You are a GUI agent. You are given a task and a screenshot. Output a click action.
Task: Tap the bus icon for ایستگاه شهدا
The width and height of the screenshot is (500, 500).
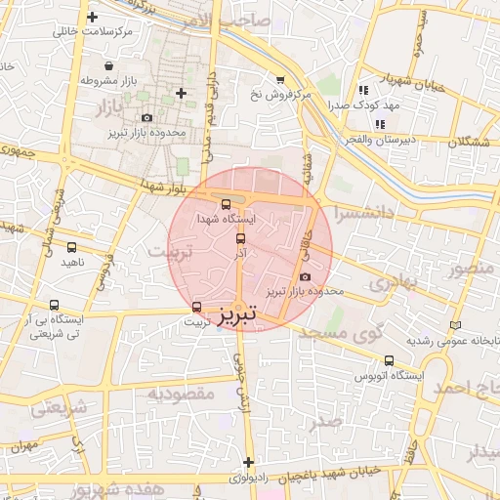[x=227, y=205]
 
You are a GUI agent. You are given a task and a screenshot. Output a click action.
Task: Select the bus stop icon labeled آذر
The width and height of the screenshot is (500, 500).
[x=240, y=238]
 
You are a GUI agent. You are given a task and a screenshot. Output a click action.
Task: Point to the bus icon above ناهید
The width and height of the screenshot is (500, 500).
[x=71, y=248]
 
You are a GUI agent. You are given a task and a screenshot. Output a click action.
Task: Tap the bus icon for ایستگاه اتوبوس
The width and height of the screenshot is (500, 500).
[x=389, y=360]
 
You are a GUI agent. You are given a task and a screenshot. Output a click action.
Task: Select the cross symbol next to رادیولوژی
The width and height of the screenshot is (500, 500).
[x=248, y=462]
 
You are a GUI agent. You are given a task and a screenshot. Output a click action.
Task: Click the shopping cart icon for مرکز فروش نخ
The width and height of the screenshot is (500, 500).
[x=280, y=80]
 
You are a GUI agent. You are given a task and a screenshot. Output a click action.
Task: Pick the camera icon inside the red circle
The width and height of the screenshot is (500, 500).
[x=305, y=277]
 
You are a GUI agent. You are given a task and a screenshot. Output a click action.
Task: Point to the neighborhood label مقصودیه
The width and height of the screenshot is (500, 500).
[x=180, y=393]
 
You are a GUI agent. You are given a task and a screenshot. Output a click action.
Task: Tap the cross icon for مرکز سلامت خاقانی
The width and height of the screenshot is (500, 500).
[x=92, y=18]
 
